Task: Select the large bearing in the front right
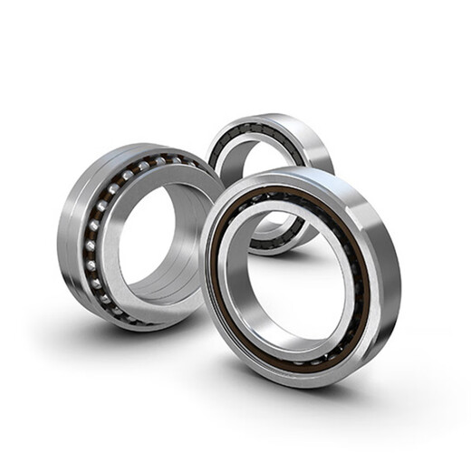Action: [299, 272]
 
